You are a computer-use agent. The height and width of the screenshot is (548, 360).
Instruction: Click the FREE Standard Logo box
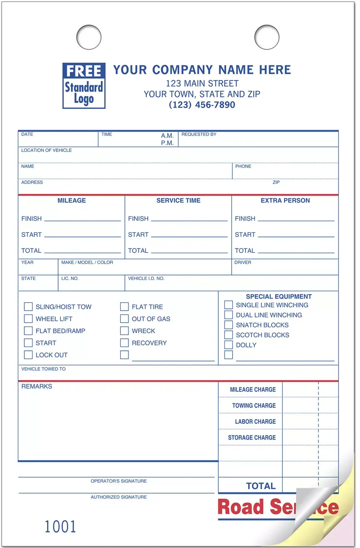tap(84, 86)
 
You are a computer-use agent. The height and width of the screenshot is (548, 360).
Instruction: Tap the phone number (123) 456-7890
tap(202, 105)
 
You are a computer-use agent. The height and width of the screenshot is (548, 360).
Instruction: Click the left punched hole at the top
tap(89, 37)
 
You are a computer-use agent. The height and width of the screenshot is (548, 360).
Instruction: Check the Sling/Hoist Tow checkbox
tap(28, 307)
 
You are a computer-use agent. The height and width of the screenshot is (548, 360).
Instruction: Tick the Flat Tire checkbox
tap(124, 307)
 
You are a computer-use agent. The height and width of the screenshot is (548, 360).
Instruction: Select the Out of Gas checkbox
tap(124, 319)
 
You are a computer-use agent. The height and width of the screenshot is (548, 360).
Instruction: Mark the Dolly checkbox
tap(228, 345)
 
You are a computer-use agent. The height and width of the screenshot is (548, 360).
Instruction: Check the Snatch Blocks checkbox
tap(228, 325)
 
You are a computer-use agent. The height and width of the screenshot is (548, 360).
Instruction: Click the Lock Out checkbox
tap(28, 355)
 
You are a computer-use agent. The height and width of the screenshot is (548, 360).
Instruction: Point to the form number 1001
tap(60, 526)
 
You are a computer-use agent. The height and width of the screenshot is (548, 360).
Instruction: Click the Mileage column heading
tap(72, 201)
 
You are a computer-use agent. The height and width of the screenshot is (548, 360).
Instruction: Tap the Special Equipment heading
tap(278, 297)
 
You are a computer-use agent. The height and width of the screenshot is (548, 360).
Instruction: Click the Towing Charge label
tap(254, 406)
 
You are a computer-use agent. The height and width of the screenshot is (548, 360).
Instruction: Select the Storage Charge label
tap(252, 438)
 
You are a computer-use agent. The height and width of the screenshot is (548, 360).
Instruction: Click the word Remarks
tap(37, 387)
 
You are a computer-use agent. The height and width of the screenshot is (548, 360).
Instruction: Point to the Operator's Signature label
tap(119, 481)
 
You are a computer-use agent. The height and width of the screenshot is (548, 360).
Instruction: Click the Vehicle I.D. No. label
tap(146, 278)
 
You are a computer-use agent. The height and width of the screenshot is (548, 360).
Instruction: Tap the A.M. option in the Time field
tap(167, 136)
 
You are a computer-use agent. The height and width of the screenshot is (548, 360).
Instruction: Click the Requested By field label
tap(199, 134)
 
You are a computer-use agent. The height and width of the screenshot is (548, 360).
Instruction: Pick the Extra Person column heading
tap(285, 201)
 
